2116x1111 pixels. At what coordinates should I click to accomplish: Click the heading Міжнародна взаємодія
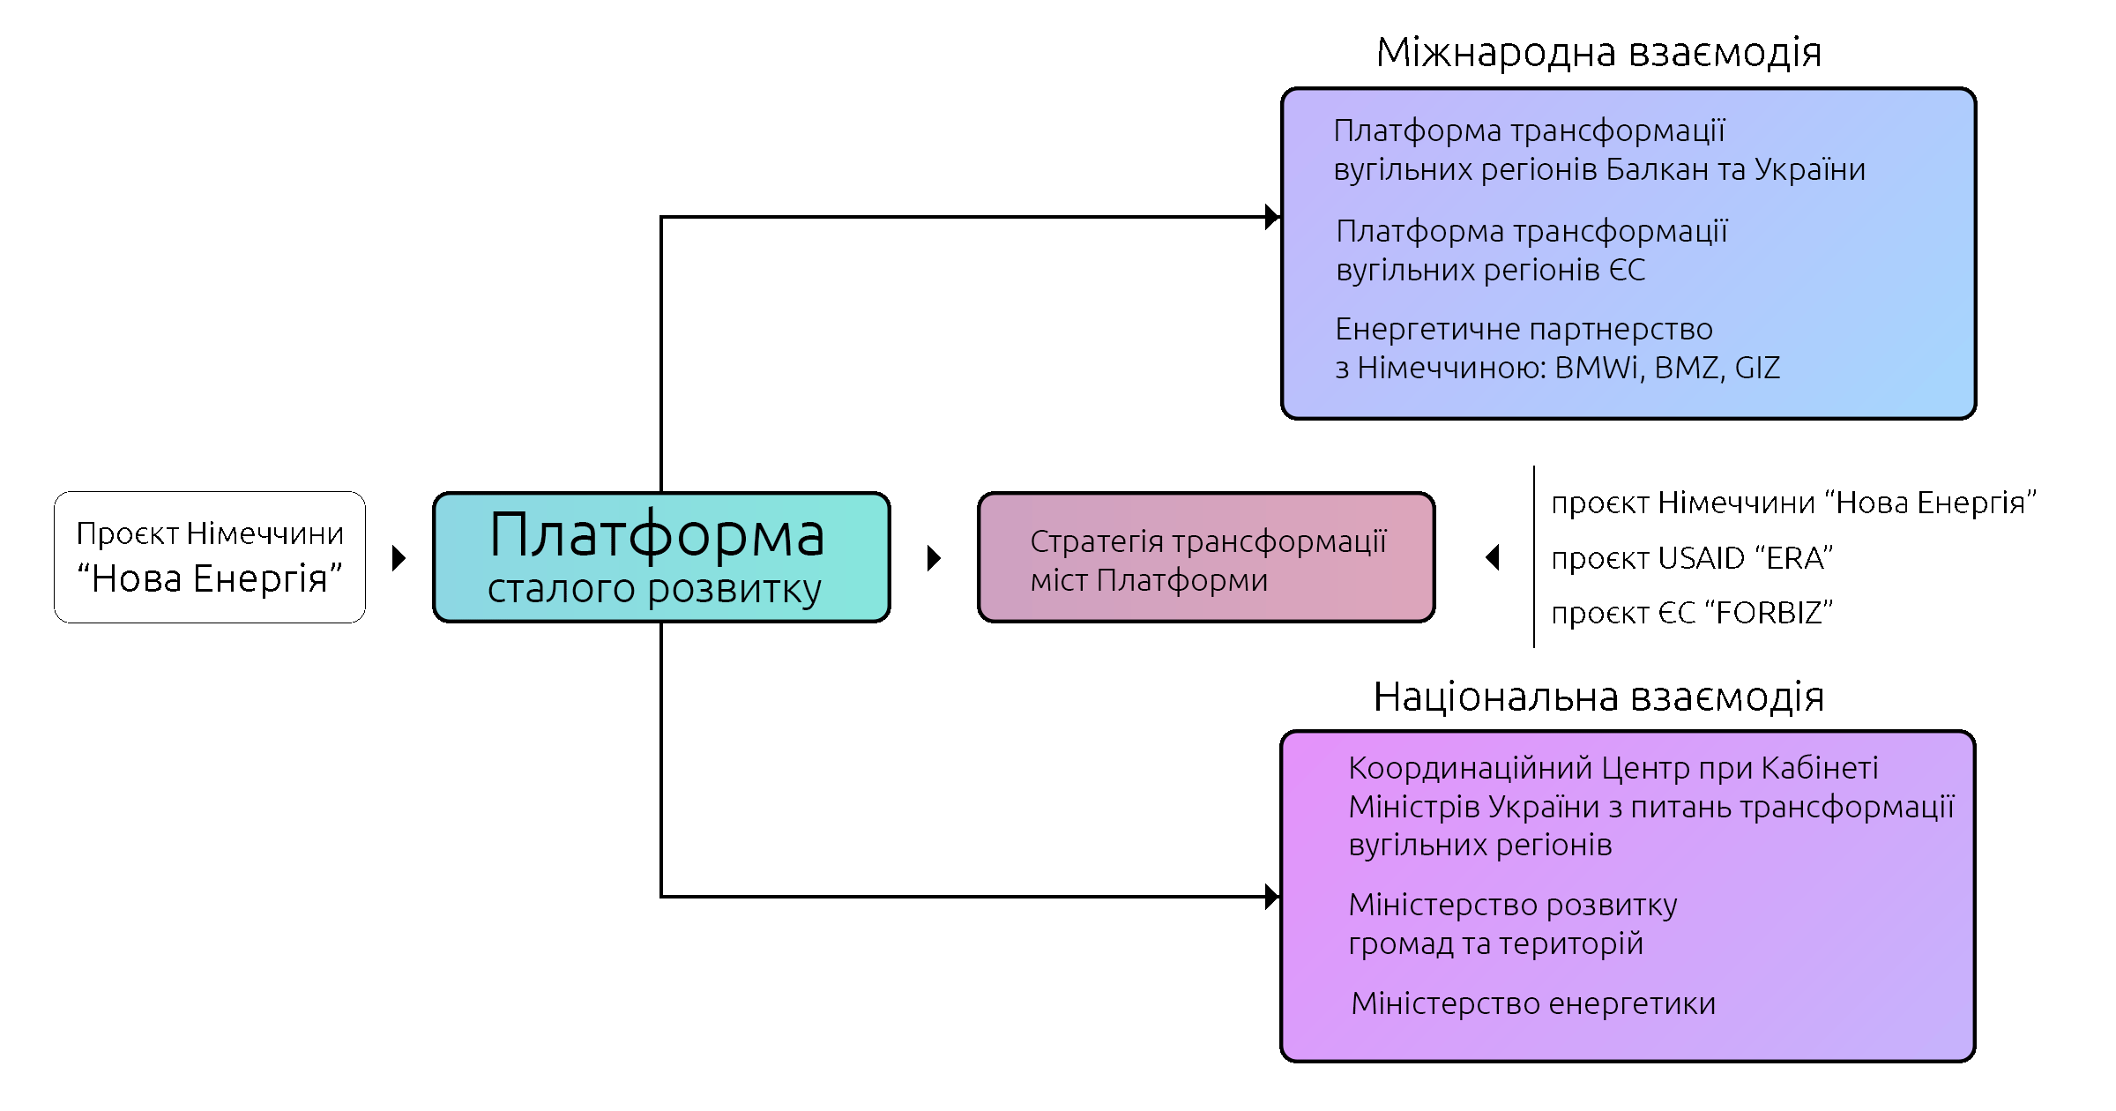click(1598, 53)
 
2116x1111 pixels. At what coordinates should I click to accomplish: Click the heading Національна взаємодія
click(1598, 697)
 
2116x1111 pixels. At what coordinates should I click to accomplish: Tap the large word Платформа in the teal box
click(657, 535)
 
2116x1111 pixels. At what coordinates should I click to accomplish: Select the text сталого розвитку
click(654, 589)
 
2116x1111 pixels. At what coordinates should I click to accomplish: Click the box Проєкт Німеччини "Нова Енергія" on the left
click(210, 557)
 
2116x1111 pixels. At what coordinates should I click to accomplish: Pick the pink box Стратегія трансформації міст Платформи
click(1206, 558)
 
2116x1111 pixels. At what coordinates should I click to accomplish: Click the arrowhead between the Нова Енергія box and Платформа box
click(399, 558)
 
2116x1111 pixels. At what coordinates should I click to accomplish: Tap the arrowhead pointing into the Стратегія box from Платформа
click(935, 558)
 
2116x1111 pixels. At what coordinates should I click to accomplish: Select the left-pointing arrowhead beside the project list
click(1492, 557)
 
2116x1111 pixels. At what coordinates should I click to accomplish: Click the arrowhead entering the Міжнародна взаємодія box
click(1271, 217)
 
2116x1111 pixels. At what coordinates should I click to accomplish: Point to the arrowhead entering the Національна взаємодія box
click(1271, 898)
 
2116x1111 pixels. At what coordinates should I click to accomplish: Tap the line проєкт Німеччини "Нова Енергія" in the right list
click(1793, 503)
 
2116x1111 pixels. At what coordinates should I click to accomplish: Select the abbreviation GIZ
click(1757, 368)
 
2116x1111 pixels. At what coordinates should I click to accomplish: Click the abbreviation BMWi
click(1596, 368)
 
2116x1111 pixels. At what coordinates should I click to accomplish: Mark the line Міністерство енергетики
click(1533, 1003)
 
